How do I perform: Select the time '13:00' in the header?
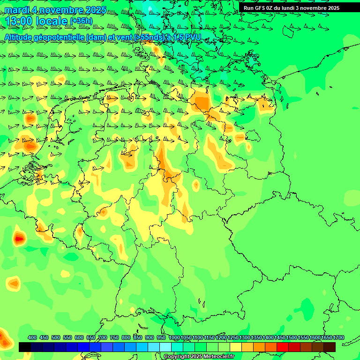19,21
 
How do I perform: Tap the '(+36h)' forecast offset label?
81,21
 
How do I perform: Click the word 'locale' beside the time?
51,21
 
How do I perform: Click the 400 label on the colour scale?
32,338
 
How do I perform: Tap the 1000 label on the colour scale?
174,338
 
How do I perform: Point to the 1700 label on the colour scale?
338,338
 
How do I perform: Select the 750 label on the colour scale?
114,338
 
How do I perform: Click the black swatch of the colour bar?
25,347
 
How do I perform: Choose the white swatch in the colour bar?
165,347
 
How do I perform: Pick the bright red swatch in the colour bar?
283,347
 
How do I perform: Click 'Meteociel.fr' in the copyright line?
219,357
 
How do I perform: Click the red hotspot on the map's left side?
19,239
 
